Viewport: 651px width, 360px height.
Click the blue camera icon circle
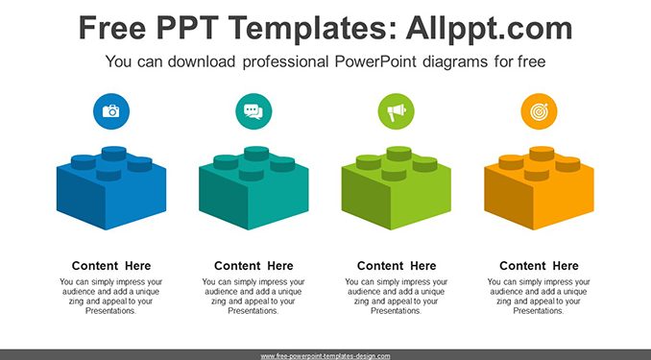pos(111,111)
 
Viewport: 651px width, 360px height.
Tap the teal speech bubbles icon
pos(253,111)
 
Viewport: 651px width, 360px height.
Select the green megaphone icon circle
pos(397,111)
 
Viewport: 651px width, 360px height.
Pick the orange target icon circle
pos(539,111)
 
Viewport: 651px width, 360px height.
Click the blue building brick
pos(111,188)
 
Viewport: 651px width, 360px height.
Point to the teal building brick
pos(253,188)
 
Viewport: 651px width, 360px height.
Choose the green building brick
pos(397,188)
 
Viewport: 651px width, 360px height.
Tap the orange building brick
pos(539,188)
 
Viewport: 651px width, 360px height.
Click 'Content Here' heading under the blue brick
pos(111,266)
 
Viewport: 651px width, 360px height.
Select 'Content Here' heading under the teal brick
pos(253,266)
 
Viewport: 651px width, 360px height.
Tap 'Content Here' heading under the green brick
pos(397,266)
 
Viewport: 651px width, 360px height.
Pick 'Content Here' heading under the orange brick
pos(539,266)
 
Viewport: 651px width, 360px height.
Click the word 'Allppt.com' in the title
pos(489,28)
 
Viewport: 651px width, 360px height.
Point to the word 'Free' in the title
pos(112,28)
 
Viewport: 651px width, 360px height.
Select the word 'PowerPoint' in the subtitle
pos(375,61)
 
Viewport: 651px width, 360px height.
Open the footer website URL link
pos(325,356)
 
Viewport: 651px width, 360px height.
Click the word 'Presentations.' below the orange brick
pos(539,311)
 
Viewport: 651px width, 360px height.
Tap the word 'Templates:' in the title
pos(312,28)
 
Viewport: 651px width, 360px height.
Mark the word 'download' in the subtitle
pos(202,61)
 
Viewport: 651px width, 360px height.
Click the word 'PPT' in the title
pos(187,28)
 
